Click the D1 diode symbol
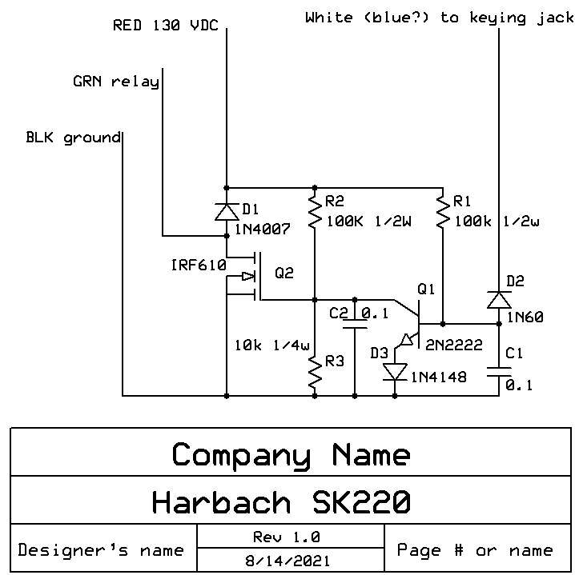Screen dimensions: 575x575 pos(227,211)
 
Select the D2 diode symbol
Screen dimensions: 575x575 pos(499,299)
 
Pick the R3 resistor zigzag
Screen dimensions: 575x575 pos(314,373)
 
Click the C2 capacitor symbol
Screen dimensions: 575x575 pos(355,320)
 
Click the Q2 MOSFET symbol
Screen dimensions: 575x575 pos(248,277)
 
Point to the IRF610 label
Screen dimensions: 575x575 pos(198,265)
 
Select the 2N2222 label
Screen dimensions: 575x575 pos(454,345)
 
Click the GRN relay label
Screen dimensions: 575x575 pos(115,82)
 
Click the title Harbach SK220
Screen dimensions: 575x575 pos(281,501)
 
